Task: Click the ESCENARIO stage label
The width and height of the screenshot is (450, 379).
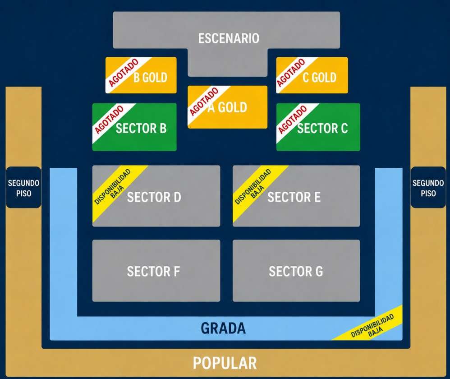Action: click(x=229, y=38)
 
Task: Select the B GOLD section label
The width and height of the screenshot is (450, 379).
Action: click(x=151, y=78)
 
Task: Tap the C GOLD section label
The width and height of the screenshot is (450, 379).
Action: click(x=319, y=78)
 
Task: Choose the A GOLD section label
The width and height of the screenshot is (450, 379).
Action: click(x=227, y=107)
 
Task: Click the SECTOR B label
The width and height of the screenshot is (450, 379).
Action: click(x=141, y=128)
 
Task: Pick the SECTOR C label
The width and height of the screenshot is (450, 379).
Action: click(x=322, y=128)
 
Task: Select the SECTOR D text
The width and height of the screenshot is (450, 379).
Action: click(x=154, y=197)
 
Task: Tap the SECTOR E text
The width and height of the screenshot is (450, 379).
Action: click(x=294, y=197)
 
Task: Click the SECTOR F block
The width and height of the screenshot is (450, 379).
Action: click(x=156, y=270)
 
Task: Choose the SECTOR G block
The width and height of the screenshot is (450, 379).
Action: click(x=296, y=270)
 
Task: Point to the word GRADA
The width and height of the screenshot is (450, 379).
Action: click(x=223, y=328)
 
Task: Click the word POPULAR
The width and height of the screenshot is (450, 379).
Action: click(x=225, y=363)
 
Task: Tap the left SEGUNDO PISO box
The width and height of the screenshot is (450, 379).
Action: click(x=23, y=187)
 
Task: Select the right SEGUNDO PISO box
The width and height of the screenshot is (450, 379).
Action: click(x=428, y=187)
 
